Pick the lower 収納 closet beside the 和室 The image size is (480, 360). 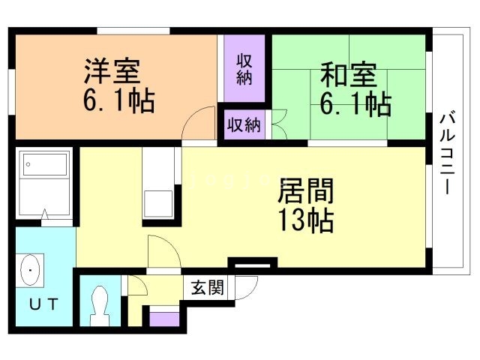243,124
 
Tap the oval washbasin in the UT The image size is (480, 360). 31,270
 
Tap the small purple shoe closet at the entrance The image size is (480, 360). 165,317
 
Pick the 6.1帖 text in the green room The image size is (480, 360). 355,103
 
